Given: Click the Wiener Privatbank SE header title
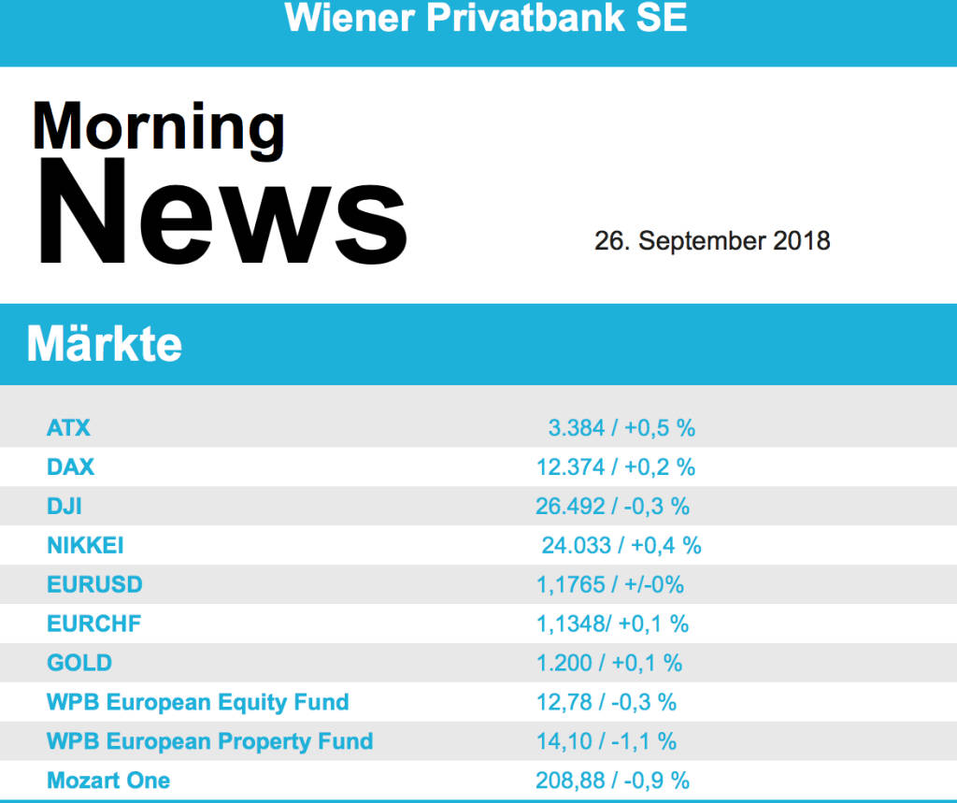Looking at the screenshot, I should click(x=485, y=18).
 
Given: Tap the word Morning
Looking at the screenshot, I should click(x=158, y=127).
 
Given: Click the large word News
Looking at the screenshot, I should click(x=221, y=215).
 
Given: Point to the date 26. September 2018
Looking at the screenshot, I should click(x=712, y=240).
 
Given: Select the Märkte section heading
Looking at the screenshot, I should click(x=105, y=345).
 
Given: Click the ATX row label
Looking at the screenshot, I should click(x=68, y=428).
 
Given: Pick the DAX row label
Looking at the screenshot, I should click(x=70, y=466).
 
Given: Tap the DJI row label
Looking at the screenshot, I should click(x=64, y=506).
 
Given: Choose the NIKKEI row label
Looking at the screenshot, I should click(x=85, y=545).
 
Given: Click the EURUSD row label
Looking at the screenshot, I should click(x=94, y=584).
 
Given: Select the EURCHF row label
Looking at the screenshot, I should click(x=94, y=624).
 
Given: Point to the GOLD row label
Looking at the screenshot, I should click(x=79, y=663).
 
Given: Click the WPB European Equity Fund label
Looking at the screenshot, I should click(x=198, y=702).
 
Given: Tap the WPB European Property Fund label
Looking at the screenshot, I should click(x=209, y=741).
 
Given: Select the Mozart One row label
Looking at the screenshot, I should click(x=108, y=780).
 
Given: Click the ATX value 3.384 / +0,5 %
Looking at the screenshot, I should click(x=621, y=428).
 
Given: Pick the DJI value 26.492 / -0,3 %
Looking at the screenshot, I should click(x=612, y=506).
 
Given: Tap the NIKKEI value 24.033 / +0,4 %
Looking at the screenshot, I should click(x=621, y=545).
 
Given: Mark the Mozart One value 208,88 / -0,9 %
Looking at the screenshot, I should click(x=612, y=780).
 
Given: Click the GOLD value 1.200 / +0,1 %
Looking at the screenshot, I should click(x=608, y=663).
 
